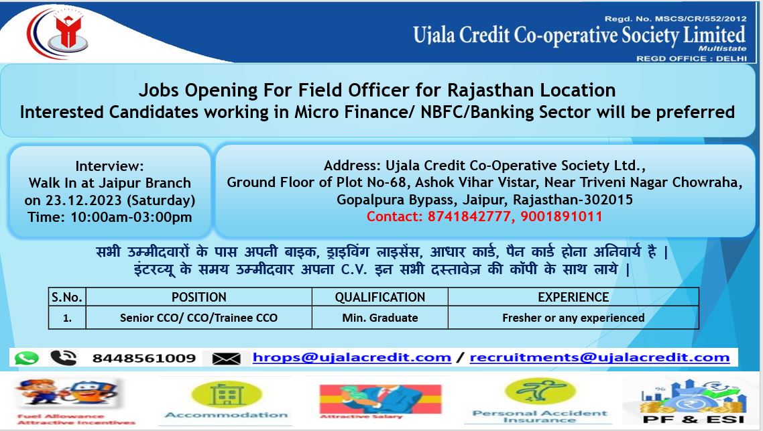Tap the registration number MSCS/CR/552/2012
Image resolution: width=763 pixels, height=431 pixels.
click(700, 19)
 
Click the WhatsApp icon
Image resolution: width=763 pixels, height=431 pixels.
click(26, 358)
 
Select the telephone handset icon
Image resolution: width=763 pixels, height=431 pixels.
click(63, 358)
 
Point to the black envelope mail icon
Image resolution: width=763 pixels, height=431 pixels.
click(226, 359)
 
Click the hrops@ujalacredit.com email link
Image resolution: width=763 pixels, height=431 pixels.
click(352, 357)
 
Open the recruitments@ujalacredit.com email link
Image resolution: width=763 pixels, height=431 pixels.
click(599, 357)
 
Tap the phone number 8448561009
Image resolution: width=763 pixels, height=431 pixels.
click(144, 359)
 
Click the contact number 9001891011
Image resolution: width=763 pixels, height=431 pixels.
click(562, 217)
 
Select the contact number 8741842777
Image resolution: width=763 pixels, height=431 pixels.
click(469, 217)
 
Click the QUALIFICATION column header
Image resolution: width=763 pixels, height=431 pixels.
click(380, 297)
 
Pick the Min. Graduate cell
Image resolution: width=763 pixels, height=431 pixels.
click(380, 318)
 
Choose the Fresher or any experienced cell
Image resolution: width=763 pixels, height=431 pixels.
click(573, 318)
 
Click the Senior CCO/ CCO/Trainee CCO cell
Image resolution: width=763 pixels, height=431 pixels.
click(198, 318)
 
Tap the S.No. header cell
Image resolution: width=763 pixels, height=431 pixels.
click(67, 297)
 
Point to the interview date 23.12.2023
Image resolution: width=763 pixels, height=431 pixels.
click(84, 200)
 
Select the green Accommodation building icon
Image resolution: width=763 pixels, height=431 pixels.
click(226, 394)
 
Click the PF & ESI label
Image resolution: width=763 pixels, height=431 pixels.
click(693, 419)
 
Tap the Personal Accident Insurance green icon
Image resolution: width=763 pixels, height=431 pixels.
click(540, 391)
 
